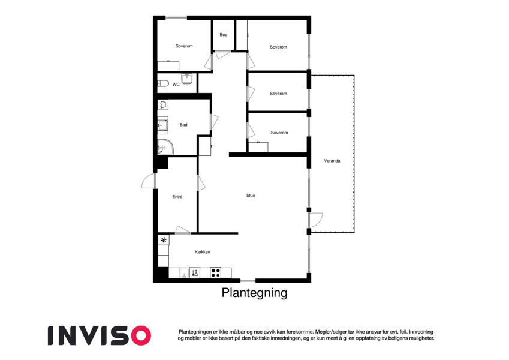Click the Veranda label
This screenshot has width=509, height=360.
point(332,161)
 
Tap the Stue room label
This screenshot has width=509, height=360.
point(251,196)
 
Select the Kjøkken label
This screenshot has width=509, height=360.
point(203,252)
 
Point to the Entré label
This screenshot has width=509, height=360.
point(177,197)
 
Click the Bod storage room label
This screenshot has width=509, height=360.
point(224,35)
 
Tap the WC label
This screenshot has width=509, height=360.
point(176,85)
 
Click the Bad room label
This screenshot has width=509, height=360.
point(183,125)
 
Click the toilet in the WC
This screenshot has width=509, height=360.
point(163,83)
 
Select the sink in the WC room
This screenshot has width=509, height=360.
point(187,79)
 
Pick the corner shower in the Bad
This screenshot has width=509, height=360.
point(165,147)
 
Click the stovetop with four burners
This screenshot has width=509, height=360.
point(216,272)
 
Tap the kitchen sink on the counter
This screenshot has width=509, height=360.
point(185,273)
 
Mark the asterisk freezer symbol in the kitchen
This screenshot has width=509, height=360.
point(164,240)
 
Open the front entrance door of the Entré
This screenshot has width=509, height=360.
point(149,181)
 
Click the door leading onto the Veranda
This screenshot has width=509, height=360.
point(315,220)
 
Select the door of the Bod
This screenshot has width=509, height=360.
point(222,55)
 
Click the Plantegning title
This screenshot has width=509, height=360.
point(254,293)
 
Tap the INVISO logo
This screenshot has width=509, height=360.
point(100,335)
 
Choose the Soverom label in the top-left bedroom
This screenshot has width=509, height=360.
point(184,46)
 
